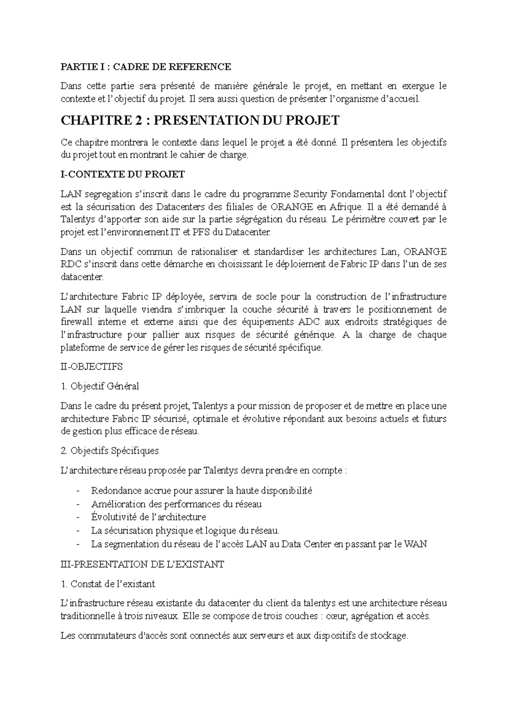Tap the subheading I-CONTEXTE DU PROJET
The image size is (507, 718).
pos(123,174)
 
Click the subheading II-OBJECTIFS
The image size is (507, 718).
pos(92,367)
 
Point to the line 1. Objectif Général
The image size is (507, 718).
pos(100,386)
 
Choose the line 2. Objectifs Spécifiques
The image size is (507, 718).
pos(110,451)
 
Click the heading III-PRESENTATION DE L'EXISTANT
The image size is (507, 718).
pos(142,565)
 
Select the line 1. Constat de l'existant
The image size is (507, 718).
pos(108,584)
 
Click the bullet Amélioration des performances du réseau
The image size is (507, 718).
pos(176,504)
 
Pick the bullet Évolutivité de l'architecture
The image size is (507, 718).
pos(148,517)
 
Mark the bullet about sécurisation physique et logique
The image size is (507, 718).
pos(185,530)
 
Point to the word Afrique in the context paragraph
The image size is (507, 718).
pos(345,207)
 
